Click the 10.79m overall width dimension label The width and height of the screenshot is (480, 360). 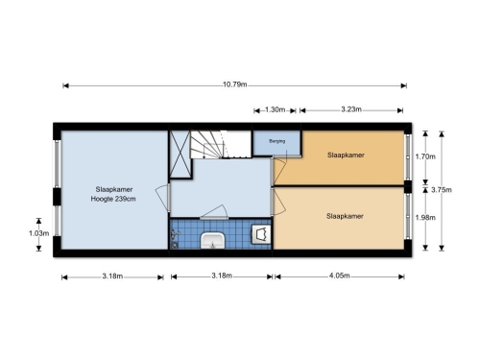(235, 84)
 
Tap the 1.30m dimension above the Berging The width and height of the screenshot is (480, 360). (275, 109)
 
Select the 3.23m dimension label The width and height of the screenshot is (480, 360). (351, 109)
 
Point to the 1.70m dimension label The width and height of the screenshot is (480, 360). (425, 156)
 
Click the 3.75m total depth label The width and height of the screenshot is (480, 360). (442, 190)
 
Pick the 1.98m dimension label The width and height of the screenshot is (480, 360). (425, 218)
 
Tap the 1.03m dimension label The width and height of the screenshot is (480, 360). (38, 233)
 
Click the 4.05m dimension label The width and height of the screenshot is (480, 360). (340, 276)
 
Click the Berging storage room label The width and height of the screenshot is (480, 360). (277, 141)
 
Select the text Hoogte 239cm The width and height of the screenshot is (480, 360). (113, 199)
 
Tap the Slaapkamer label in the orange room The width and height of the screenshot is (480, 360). (346, 156)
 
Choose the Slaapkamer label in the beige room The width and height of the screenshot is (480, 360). (345, 216)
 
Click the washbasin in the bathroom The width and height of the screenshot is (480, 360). (213, 240)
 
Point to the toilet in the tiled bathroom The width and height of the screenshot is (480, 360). (261, 234)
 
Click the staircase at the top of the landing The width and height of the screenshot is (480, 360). (221, 144)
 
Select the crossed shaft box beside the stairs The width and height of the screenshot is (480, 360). (180, 155)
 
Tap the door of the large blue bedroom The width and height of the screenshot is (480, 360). (163, 198)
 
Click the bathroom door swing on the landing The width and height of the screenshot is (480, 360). (214, 212)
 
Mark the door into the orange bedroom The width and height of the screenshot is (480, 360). (278, 171)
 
